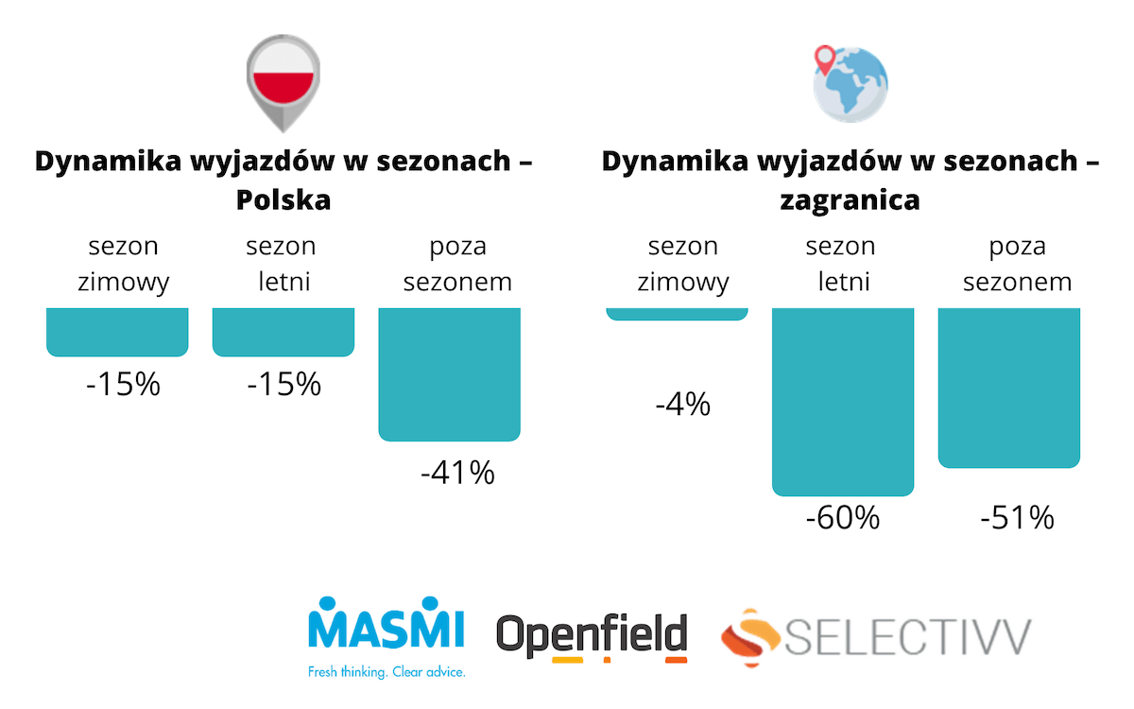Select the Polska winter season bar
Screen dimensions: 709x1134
(117, 332)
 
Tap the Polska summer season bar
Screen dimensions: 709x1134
(283, 332)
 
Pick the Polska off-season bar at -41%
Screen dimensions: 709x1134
(450, 373)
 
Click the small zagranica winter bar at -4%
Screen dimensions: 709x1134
(677, 314)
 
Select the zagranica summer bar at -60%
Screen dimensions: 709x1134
(843, 401)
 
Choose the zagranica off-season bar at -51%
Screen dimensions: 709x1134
(1009, 387)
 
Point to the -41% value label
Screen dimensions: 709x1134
(457, 473)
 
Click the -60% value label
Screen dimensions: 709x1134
(843, 518)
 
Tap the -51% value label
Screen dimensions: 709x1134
(1017, 518)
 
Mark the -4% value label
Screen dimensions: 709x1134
(682, 406)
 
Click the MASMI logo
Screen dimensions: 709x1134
(387, 623)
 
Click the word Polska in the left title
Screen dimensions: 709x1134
(283, 200)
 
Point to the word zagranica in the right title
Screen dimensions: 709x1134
(850, 200)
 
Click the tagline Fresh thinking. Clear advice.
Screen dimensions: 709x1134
(387, 673)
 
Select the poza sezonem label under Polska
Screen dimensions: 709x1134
(457, 265)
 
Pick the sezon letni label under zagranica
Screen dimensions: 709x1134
(840, 265)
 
